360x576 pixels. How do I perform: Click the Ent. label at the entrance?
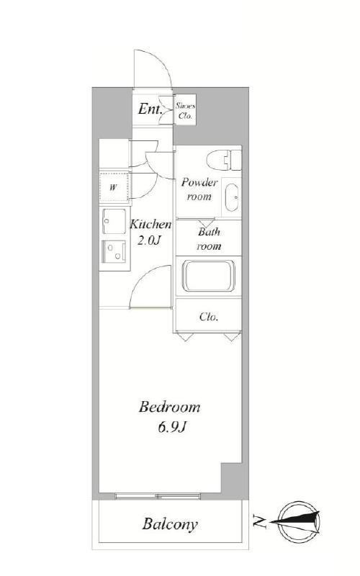150,109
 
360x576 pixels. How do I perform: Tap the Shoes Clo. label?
185,111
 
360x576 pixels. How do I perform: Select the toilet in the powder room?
223,160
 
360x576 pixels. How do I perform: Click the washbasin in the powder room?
232,197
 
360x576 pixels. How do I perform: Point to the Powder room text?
199,189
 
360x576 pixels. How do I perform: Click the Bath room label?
209,239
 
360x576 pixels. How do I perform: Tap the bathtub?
209,276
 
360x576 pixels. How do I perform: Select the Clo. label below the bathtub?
209,316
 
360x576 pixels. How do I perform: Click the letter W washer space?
114,187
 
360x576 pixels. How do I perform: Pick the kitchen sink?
114,221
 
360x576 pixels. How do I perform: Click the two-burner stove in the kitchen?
114,251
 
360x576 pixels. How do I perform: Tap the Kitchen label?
150,224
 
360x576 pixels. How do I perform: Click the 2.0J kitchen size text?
149,240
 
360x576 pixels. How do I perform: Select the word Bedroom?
169,407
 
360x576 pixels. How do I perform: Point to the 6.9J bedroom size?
172,427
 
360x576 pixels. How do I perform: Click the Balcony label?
170,525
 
